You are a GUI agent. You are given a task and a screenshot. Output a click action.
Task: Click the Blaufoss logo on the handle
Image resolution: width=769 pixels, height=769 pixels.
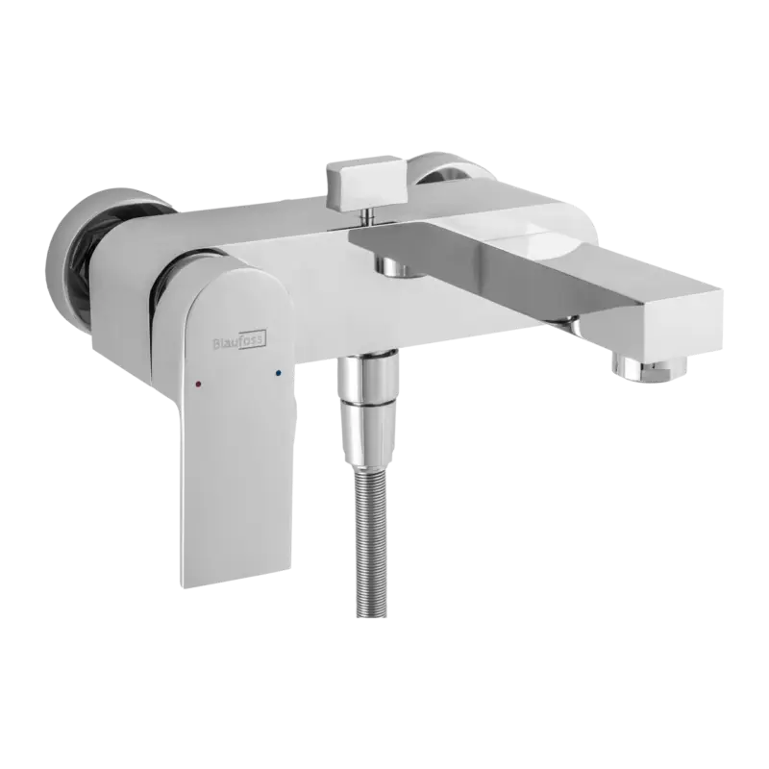[239, 342]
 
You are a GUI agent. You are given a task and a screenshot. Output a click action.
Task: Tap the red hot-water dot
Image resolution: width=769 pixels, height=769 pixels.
[198, 383]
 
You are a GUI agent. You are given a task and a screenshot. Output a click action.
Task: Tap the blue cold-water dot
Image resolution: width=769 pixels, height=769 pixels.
[279, 374]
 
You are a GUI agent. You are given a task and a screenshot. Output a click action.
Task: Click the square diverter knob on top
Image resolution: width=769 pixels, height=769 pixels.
[367, 181]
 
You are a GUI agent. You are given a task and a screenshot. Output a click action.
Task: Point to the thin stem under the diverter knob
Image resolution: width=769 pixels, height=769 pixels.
[365, 216]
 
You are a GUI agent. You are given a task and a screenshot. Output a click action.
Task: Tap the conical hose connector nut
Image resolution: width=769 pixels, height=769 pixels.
[369, 433]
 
